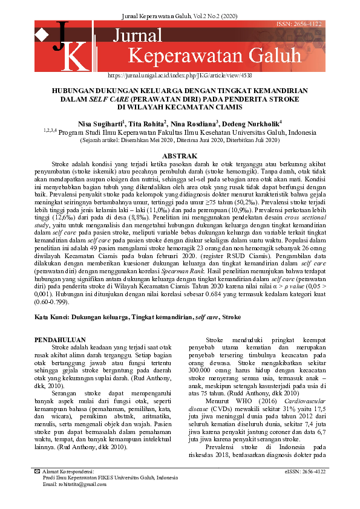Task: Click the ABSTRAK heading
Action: (x=180, y=156)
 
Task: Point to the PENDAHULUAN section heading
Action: (x=61, y=340)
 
